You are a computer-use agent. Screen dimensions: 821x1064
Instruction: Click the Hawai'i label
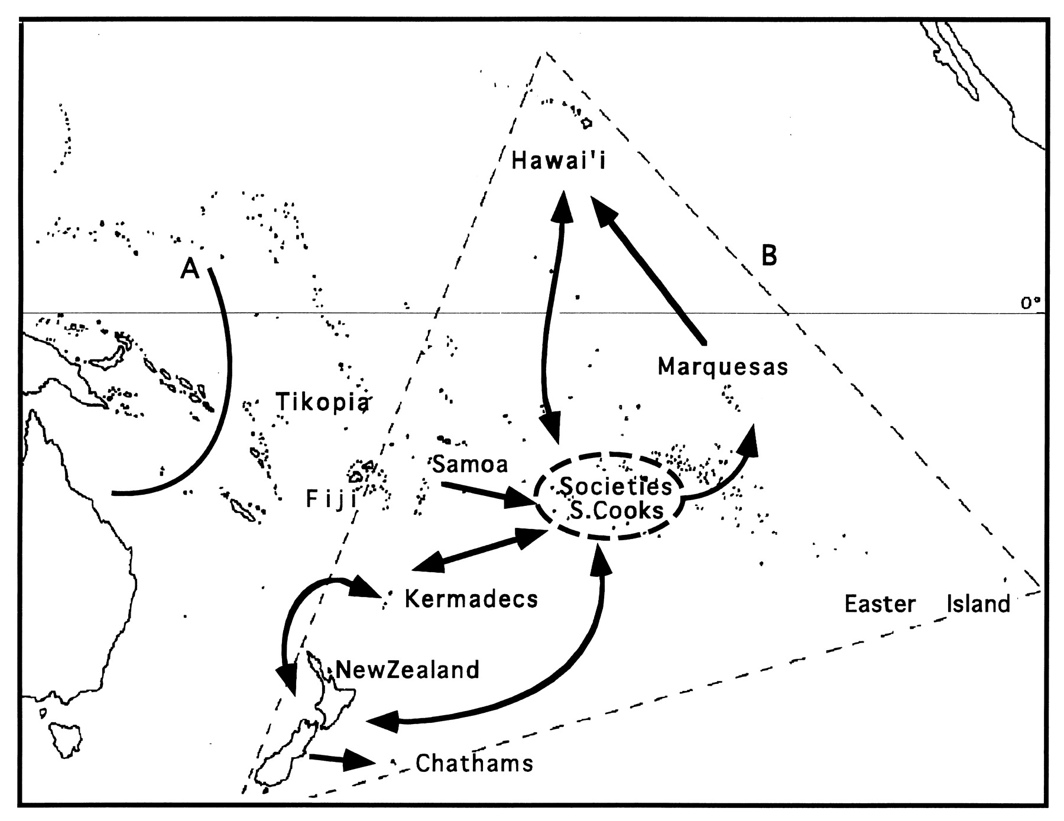[x=559, y=161]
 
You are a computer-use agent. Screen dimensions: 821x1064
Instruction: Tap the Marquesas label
[x=722, y=367]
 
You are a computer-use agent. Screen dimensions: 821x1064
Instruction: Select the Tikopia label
[x=323, y=402]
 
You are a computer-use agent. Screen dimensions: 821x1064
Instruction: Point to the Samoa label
[x=470, y=464]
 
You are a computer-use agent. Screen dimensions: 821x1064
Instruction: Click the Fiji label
[x=331, y=499]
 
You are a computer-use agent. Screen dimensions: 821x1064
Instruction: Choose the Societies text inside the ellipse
[x=615, y=486]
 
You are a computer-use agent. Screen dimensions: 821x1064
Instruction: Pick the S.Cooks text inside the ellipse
[x=617, y=510]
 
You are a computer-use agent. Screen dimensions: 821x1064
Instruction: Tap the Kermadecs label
[x=471, y=599]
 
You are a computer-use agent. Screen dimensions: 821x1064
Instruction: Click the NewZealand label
[x=407, y=670]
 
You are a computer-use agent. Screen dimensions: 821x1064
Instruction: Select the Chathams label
[x=474, y=763]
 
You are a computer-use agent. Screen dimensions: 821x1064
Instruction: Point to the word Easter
[x=880, y=604]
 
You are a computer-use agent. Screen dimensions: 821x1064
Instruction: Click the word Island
[x=978, y=604]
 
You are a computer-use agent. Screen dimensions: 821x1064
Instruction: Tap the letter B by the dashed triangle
[x=768, y=256]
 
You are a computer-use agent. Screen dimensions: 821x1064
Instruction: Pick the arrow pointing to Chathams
[x=342, y=760]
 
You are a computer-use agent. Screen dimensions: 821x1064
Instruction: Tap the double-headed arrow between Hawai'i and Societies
[x=553, y=319]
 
